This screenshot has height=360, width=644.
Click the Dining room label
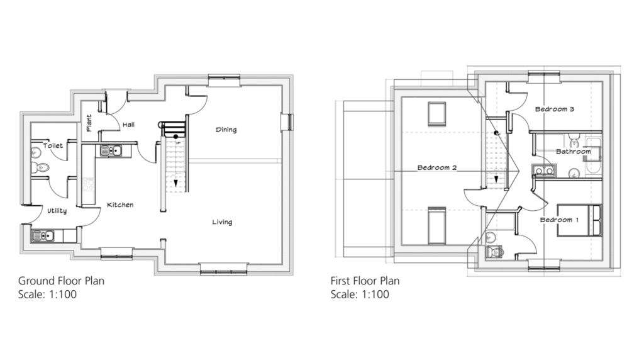pyautogui.click(x=226, y=130)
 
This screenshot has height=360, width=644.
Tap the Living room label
pyautogui.click(x=222, y=222)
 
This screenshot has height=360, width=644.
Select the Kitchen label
pyautogui.click(x=120, y=205)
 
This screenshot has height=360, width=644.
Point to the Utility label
pyautogui.click(x=57, y=211)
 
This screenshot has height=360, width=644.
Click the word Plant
pyautogui.click(x=89, y=123)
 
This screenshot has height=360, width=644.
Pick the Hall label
pyautogui.click(x=128, y=125)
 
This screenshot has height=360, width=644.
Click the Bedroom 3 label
pyautogui.click(x=555, y=109)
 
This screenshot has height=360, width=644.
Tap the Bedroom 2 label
pyautogui.click(x=437, y=167)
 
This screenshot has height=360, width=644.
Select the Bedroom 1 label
pyautogui.click(x=559, y=220)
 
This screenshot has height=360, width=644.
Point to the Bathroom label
pyautogui.click(x=574, y=152)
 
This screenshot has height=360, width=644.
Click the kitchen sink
pyautogui.click(x=111, y=151)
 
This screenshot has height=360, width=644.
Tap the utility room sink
pyautogui.click(x=43, y=236)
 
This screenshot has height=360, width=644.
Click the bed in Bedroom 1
pyautogui.click(x=579, y=220)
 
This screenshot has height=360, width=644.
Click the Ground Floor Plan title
pyautogui.click(x=61, y=281)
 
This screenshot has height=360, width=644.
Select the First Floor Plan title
pyautogui.click(x=365, y=281)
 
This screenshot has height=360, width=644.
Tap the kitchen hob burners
pyautogui.click(x=88, y=184)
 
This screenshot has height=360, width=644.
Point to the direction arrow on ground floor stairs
pyautogui.click(x=176, y=183)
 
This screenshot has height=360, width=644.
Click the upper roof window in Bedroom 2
pyautogui.click(x=436, y=114)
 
